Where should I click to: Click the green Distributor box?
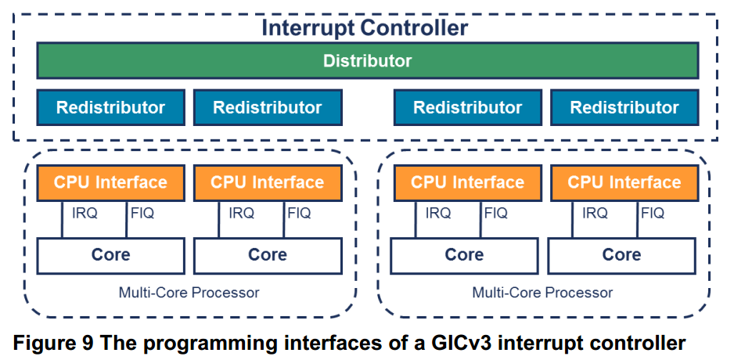pos(368,60)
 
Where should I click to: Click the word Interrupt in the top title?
pos(307,28)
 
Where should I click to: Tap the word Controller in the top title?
pos(414,28)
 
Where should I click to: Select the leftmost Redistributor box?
pos(111,108)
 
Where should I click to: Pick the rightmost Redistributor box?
pos(624,108)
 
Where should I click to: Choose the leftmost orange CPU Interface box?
pos(111,182)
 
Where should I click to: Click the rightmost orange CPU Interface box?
pos(624,182)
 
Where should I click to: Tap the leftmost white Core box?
pos(111,256)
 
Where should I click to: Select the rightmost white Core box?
pos(621,256)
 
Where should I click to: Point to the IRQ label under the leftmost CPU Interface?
pos(85,214)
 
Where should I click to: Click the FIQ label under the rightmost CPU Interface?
pos(653,214)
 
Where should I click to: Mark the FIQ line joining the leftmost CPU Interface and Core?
pos(127,219)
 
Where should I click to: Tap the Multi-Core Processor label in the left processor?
pos(189,293)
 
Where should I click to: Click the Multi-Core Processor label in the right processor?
pos(542,293)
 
